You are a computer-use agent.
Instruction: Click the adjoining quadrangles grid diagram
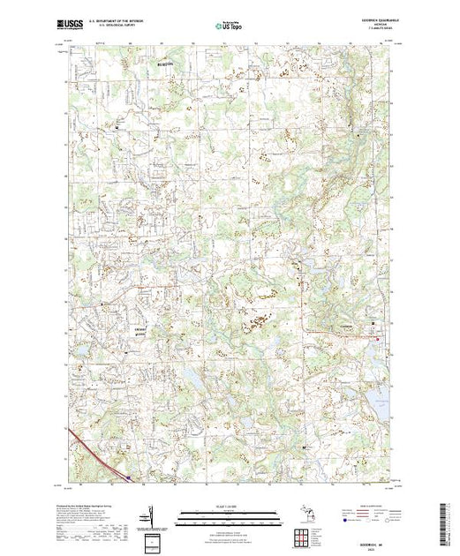point(303,535)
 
